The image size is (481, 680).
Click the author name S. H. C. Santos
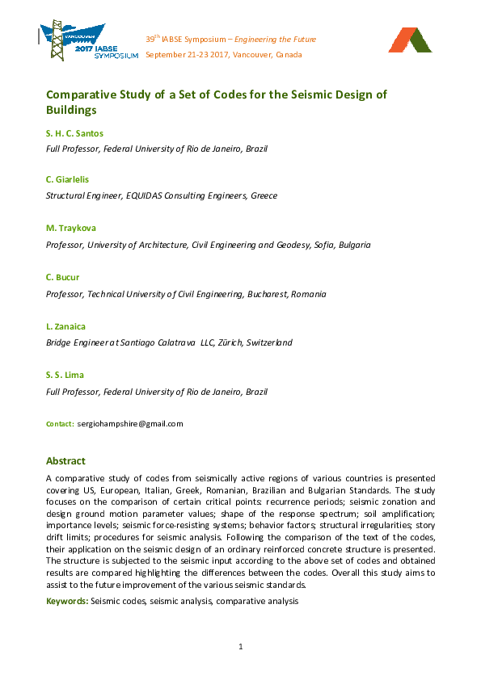[x=74, y=132]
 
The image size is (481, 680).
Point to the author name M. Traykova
[x=72, y=227]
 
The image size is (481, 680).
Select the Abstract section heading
[x=65, y=461]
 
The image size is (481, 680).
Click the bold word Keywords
[x=67, y=601]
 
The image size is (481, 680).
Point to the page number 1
[x=241, y=646]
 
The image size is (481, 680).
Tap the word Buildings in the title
[x=71, y=110]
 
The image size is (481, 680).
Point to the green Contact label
[x=60, y=423]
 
